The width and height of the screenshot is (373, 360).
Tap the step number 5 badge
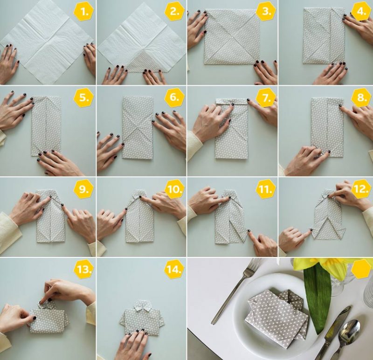click(x=84, y=98)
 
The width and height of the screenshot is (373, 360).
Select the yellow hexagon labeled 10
click(x=174, y=189)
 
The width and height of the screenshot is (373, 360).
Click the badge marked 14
click(x=174, y=269)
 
